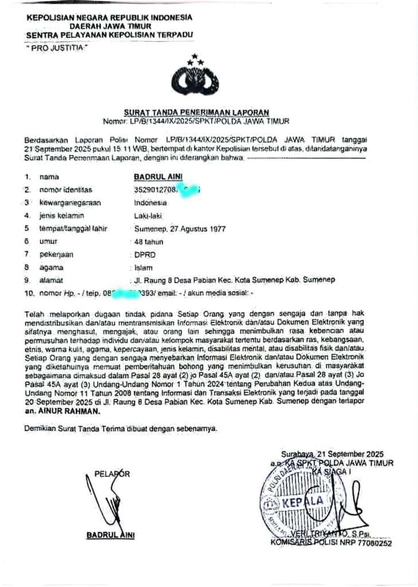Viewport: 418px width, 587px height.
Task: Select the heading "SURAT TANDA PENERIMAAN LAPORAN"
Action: (197, 113)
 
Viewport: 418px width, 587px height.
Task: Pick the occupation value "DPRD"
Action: (144, 255)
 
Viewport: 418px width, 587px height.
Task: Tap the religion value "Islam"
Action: (143, 267)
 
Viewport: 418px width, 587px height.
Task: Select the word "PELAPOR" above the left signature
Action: (112, 473)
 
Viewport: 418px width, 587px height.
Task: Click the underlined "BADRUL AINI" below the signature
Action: (110, 535)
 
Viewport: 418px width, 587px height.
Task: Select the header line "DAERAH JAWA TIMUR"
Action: (111, 26)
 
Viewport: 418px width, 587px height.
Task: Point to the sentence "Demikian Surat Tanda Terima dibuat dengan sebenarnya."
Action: (121, 428)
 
